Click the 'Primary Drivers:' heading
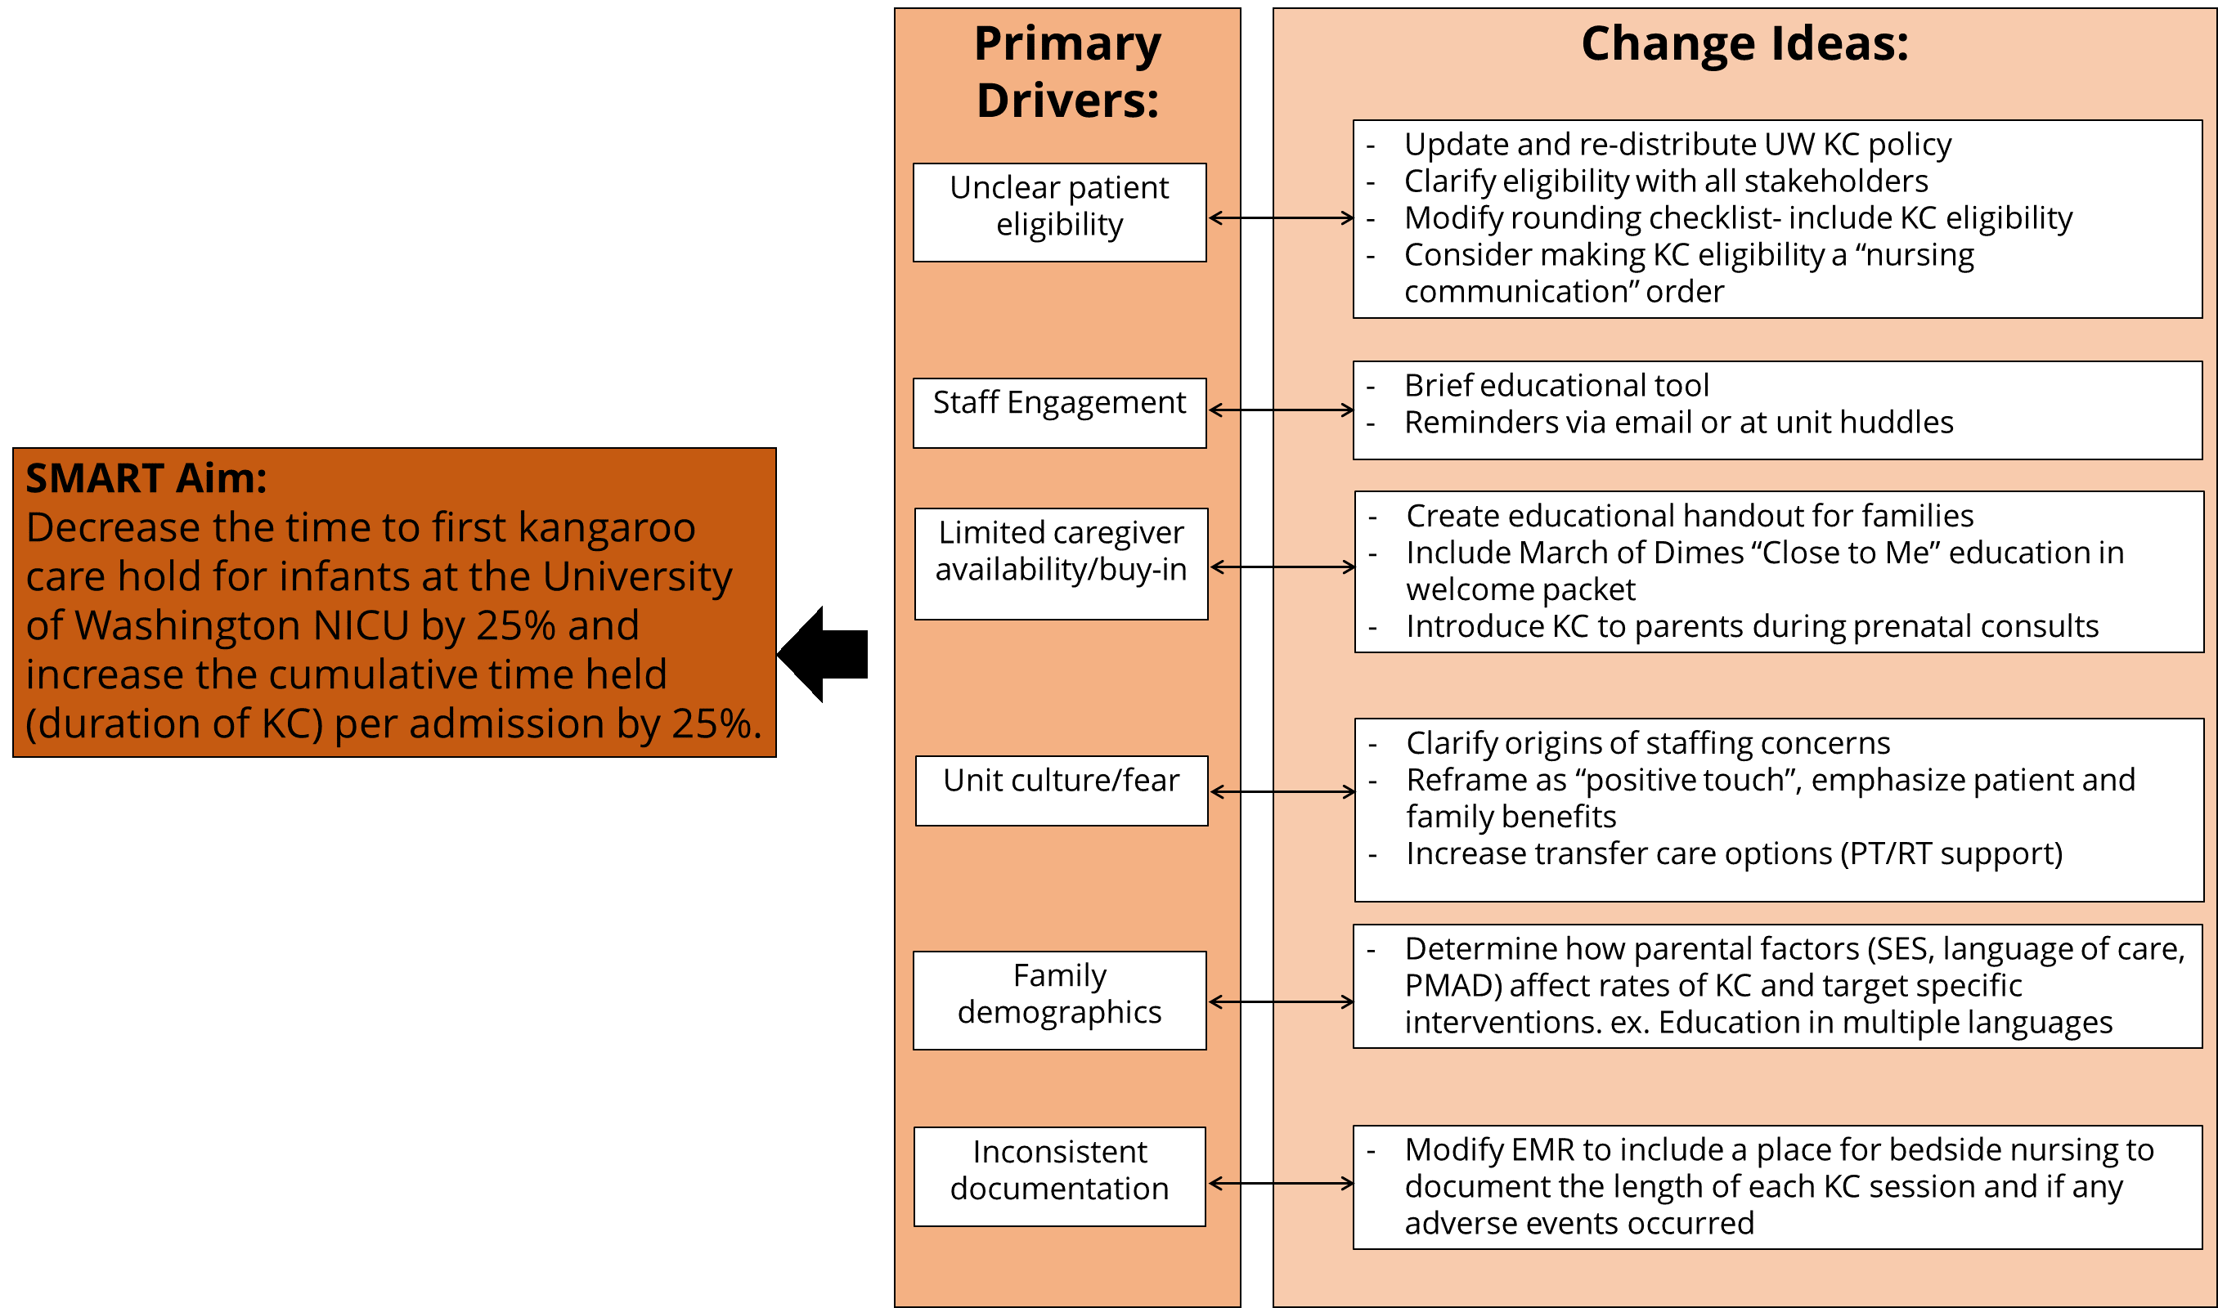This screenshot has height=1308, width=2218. click(1066, 71)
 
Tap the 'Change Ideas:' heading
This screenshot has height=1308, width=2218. click(1744, 43)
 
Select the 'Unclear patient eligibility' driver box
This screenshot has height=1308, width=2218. click(1060, 213)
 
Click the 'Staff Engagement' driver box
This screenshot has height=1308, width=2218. click(1060, 414)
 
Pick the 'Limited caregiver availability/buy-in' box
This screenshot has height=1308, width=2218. click(1062, 564)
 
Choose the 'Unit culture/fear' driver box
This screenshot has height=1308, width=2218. click(1062, 791)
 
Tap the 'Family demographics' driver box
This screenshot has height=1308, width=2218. click(1060, 1001)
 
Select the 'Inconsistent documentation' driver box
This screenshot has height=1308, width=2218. click(1060, 1176)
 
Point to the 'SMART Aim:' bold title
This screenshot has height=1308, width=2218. click(146, 477)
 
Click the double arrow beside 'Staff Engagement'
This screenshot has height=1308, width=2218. click(1281, 410)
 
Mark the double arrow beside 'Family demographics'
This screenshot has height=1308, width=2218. click(1281, 1002)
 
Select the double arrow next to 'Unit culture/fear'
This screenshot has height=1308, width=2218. click(1282, 792)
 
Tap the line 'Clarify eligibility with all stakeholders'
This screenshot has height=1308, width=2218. click(1666, 181)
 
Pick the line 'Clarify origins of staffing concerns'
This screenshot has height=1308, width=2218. click(1648, 743)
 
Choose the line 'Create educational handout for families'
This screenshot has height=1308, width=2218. click(1689, 516)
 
